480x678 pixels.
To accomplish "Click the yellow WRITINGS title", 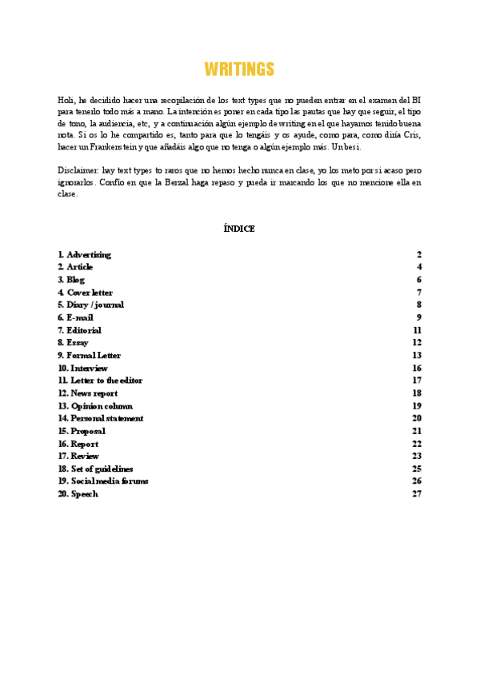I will click(239, 70).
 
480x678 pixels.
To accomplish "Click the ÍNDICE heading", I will click(239, 229).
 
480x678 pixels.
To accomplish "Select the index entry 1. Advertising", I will click(84, 254).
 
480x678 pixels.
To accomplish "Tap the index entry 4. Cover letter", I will click(85, 293).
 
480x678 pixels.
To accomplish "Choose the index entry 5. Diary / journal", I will click(90, 305).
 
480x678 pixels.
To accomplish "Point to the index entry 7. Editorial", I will click(79, 330).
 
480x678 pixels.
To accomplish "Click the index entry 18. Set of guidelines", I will click(96, 469).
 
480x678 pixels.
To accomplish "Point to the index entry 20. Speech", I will click(78, 494).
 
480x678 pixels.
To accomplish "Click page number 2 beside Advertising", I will click(419, 254).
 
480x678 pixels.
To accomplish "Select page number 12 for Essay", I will click(417, 343).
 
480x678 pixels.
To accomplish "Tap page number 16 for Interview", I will click(417, 368).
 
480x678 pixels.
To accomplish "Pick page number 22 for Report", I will click(417, 444).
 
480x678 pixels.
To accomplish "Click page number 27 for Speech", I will click(417, 494).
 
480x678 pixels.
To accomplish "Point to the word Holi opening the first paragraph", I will click(66, 100).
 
